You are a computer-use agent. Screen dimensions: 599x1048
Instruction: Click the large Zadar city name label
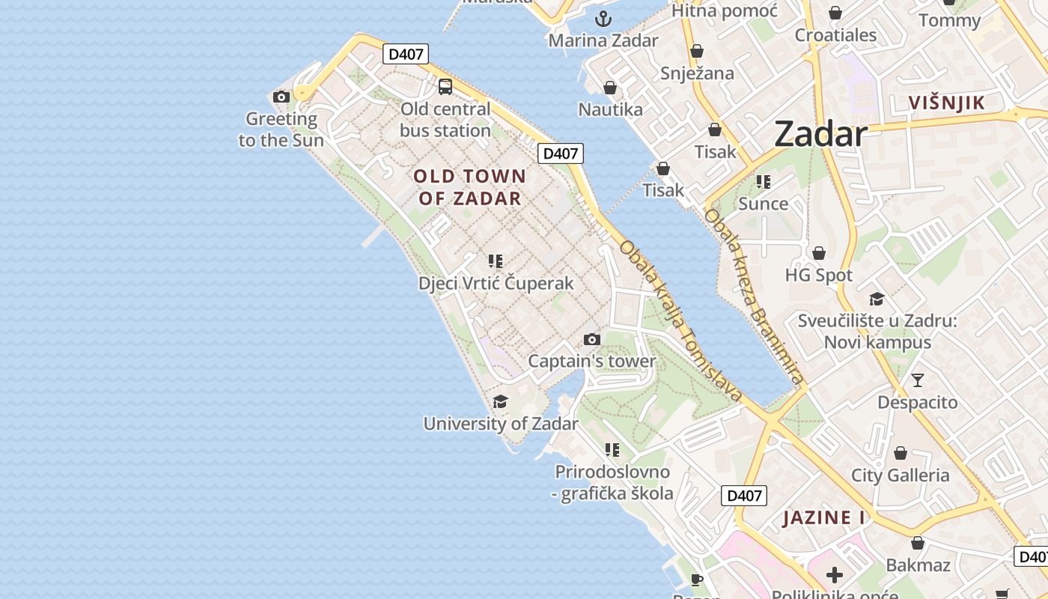click(x=820, y=134)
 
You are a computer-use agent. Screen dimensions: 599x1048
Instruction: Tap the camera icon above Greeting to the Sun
click(x=281, y=97)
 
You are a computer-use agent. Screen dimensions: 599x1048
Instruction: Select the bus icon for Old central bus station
click(x=445, y=87)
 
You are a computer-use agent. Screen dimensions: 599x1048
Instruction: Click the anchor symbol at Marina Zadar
click(x=603, y=19)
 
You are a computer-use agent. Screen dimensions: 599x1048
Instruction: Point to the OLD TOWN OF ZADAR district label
click(x=470, y=187)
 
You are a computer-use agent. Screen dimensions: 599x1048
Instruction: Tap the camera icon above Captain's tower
click(x=592, y=340)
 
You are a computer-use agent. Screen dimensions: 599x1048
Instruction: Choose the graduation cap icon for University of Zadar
click(x=500, y=402)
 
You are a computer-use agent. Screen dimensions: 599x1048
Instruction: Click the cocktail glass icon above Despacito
click(x=918, y=380)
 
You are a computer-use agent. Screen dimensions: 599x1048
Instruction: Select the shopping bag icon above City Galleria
click(x=901, y=454)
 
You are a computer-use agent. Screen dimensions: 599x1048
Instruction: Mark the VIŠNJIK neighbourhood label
click(x=947, y=103)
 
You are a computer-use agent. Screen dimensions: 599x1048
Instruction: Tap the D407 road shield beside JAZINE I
click(x=744, y=495)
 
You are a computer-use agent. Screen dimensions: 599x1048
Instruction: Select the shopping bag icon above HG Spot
click(x=819, y=253)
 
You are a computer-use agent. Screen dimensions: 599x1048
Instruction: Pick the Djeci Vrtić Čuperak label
click(x=496, y=283)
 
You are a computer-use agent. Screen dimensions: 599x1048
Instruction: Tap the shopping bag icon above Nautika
click(x=610, y=88)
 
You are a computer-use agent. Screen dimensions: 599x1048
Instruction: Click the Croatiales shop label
click(x=835, y=34)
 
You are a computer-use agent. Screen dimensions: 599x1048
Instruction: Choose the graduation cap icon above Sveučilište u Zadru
click(x=877, y=299)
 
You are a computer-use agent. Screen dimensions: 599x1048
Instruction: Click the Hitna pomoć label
click(x=725, y=10)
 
